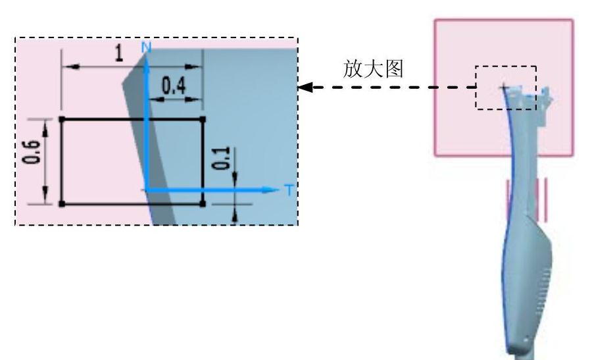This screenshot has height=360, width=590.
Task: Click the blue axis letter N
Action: click(x=147, y=47)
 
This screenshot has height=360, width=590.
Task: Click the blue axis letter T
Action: click(x=288, y=190)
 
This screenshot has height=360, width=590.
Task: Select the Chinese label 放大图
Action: click(x=373, y=69)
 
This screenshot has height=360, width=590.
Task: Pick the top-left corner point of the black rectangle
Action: click(x=62, y=119)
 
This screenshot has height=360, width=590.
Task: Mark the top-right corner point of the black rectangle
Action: click(x=202, y=119)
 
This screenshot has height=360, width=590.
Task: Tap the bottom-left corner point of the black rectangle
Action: click(x=62, y=204)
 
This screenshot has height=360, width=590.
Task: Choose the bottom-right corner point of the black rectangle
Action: click(x=202, y=204)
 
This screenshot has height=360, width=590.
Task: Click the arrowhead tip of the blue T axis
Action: click(x=279, y=190)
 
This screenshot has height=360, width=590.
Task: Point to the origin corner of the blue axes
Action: click(x=147, y=190)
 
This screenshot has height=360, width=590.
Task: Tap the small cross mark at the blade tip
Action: click(x=503, y=87)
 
